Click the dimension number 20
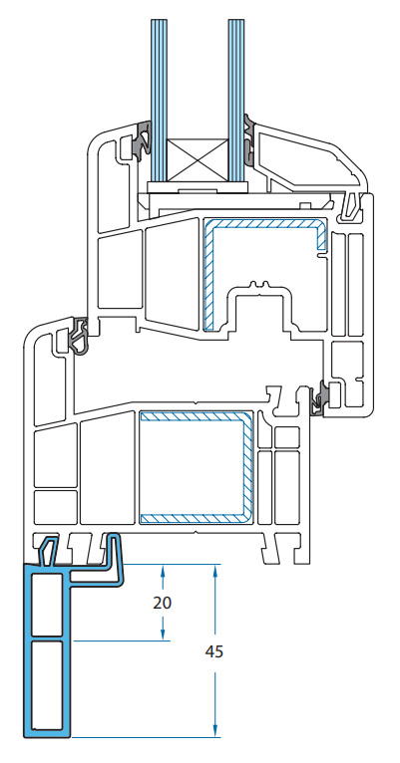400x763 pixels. click(x=163, y=603)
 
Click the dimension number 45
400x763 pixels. click(x=213, y=651)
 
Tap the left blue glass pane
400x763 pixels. click(x=159, y=101)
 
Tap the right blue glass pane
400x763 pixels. click(x=236, y=101)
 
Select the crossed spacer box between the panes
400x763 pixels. click(x=198, y=161)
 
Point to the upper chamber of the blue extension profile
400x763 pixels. click(x=47, y=604)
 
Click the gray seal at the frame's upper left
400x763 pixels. click(x=79, y=335)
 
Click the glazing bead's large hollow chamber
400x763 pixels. click(x=301, y=155)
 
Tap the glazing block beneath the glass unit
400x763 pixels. click(x=197, y=187)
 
